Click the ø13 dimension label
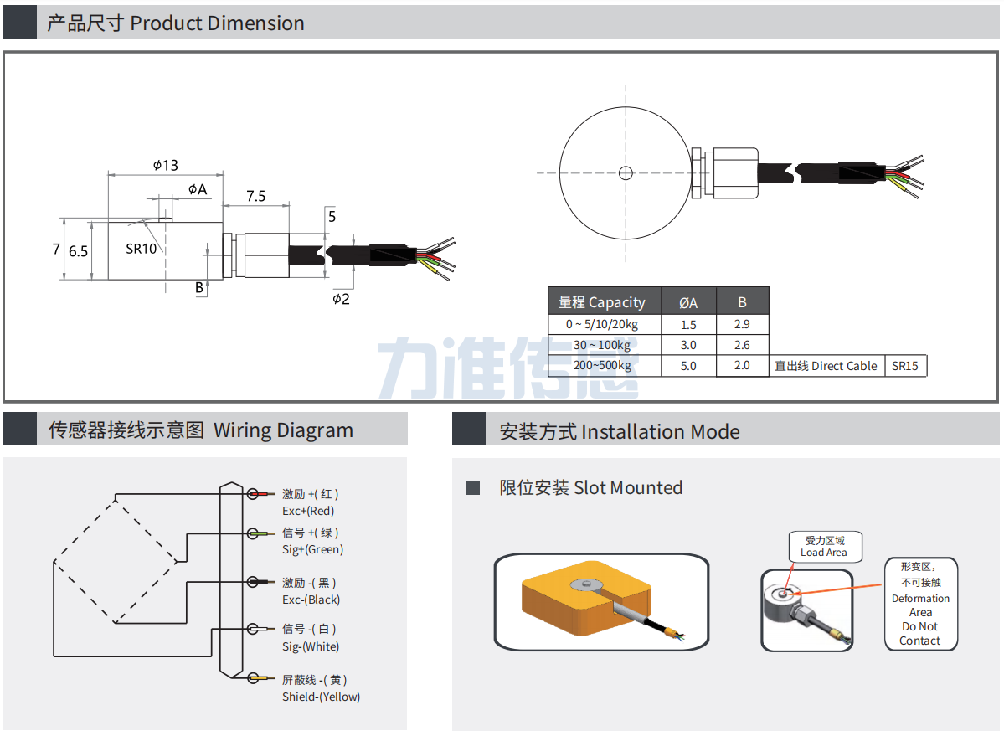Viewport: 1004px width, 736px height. tap(166, 165)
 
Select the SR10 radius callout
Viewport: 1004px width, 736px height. tap(142, 248)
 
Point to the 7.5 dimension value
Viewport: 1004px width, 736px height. tap(255, 196)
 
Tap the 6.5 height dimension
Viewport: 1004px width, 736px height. tap(79, 250)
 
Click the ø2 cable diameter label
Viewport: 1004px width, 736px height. tap(341, 299)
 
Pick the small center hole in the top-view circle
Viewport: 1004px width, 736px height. tap(626, 173)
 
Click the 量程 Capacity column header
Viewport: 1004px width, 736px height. tap(602, 302)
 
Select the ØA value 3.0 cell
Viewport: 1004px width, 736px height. tap(688, 345)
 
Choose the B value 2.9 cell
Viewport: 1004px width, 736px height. tap(742, 324)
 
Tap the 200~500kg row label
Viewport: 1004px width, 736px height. tap(602, 365)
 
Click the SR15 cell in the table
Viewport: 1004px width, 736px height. tap(905, 366)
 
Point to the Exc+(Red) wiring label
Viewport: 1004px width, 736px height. tap(308, 511)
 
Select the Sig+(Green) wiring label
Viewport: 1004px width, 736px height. tap(312, 549)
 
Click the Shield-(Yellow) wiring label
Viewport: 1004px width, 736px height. tap(321, 697)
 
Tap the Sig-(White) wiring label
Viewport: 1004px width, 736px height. tap(311, 646)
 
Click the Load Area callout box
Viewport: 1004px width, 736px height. tap(824, 547)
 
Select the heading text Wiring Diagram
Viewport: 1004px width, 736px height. tap(283, 430)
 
